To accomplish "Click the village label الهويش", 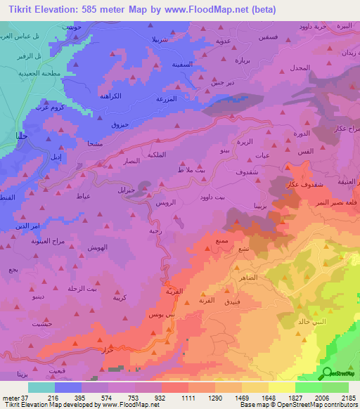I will point(97,248).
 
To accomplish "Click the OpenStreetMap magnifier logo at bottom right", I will point(326,373).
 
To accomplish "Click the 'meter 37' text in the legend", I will point(14,398).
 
